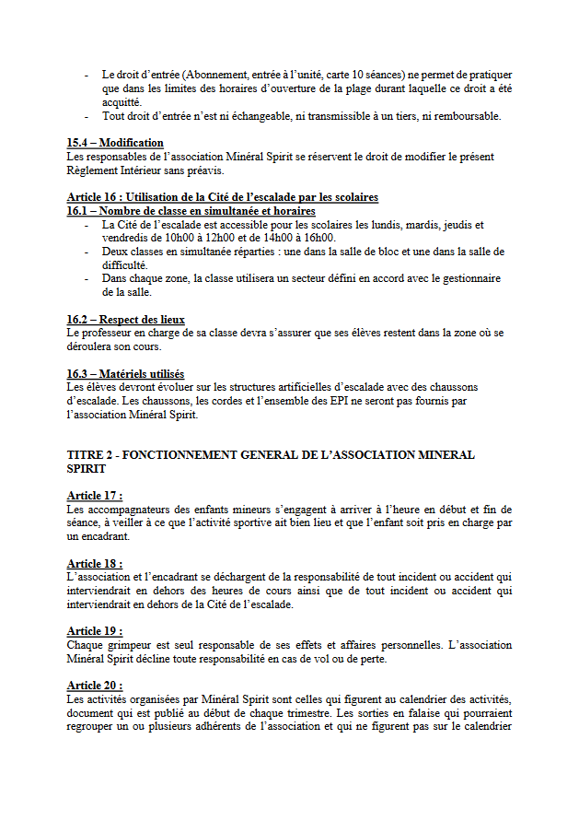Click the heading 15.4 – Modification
point(115,143)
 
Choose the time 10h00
point(168,238)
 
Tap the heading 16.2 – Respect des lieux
point(125,320)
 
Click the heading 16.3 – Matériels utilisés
point(125,374)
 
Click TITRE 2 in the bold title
point(93,455)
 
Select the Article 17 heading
point(94,496)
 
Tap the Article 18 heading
point(94,563)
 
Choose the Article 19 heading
point(94,631)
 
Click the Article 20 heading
point(94,686)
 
